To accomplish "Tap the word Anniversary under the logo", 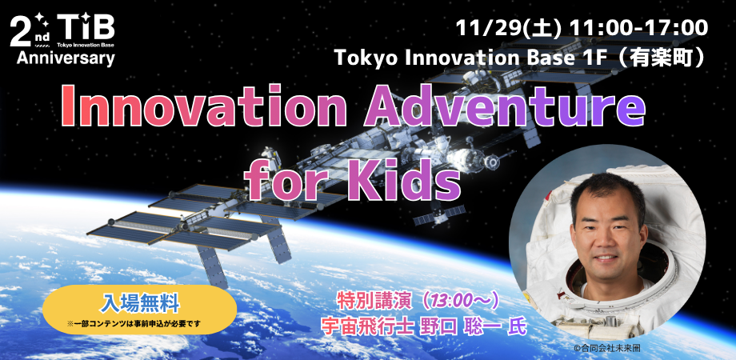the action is [66, 58].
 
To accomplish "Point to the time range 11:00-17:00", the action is [638, 29].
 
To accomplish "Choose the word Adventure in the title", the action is [505, 107].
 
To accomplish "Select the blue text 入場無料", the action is [139, 304].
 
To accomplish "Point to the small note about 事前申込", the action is [140, 324].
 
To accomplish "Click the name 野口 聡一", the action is [458, 326].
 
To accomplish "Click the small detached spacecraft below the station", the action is [439, 215].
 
